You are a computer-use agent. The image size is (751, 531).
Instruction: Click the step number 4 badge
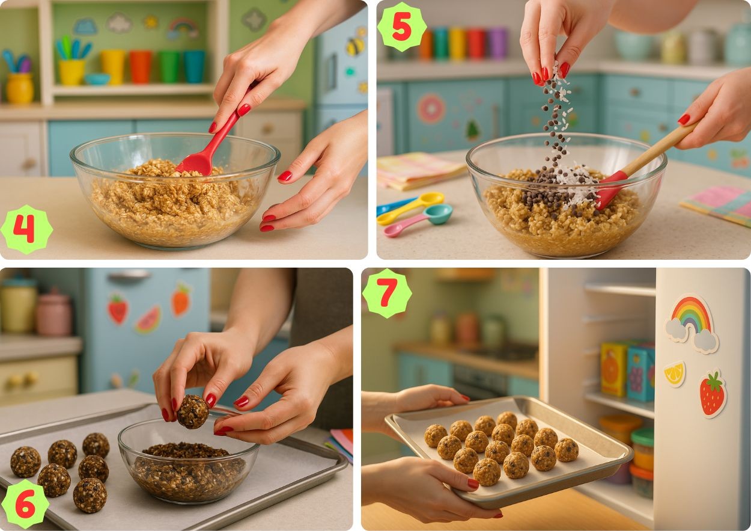26,229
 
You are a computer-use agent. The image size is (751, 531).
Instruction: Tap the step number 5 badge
402,27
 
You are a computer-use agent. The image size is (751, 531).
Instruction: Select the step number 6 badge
25,503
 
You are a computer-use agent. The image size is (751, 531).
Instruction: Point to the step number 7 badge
387,293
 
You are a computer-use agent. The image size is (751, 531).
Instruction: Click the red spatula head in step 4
196,163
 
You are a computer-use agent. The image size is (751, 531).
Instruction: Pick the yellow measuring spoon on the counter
410,207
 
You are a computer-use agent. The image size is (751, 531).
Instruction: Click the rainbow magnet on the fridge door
691,323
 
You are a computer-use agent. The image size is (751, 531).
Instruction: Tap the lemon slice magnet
675,373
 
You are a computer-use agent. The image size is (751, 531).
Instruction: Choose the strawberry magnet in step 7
712,394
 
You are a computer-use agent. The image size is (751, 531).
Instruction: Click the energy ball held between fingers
192,412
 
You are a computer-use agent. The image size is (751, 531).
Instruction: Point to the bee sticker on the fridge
355,46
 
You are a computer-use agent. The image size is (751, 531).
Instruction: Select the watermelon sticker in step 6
148,319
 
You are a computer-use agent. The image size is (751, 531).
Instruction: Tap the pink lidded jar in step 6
53,312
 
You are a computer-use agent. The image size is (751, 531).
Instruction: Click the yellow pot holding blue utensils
71,71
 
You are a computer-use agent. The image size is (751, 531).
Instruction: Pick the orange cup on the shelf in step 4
141,67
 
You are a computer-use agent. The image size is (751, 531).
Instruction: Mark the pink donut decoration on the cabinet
431,109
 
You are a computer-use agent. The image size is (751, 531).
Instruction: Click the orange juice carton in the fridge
613,369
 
